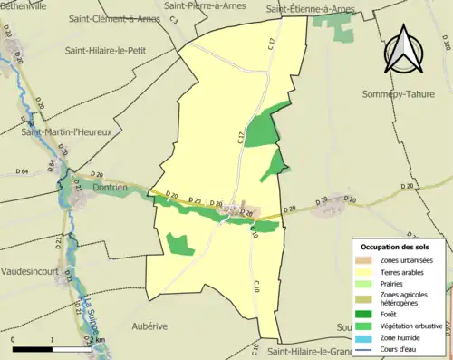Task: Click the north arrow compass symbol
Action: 400,51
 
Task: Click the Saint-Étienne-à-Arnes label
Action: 311,9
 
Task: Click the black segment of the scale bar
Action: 33,349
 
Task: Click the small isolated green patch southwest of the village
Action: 179,243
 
